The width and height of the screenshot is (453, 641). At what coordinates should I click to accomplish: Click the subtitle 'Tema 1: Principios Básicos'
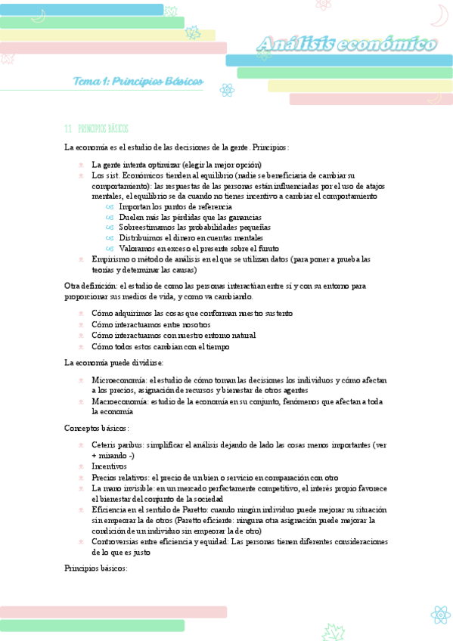click(138, 81)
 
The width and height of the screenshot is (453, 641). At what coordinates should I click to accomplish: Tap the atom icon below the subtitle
click(226, 90)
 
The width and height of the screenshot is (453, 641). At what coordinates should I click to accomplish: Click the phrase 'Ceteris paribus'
click(117, 444)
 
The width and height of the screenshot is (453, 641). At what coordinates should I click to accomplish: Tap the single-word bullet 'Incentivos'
click(109, 466)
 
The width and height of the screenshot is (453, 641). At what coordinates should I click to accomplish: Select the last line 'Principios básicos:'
click(96, 568)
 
